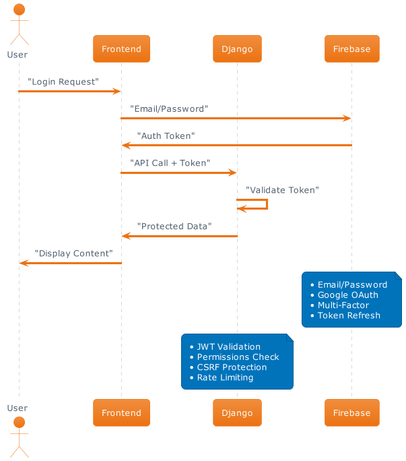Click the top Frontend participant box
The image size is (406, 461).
121,49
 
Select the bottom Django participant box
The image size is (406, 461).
237,412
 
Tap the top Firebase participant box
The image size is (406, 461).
351,49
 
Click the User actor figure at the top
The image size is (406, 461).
18,26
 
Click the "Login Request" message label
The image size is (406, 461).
63,82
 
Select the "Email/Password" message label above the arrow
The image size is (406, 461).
169,109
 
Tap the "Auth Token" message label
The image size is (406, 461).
166,136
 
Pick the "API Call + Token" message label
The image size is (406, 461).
170,163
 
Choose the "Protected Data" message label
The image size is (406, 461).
174,226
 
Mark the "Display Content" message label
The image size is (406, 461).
73,253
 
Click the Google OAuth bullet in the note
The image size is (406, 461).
347,295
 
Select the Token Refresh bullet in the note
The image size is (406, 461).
349,315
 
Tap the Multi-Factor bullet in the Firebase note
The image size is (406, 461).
343,305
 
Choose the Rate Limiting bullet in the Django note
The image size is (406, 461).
225,377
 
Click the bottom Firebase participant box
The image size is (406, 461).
351,412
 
